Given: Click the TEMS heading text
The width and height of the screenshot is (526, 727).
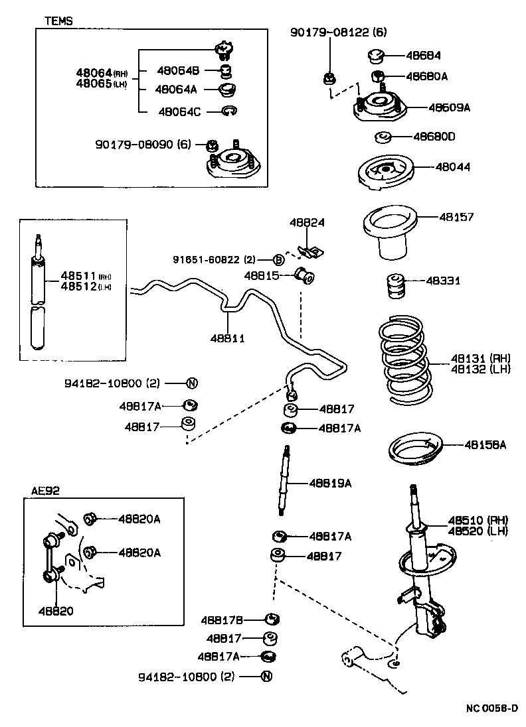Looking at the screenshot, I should (58, 21).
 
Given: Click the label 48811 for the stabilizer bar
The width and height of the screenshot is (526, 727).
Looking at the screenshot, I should (228, 338).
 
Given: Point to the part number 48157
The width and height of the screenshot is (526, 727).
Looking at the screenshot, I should (456, 217).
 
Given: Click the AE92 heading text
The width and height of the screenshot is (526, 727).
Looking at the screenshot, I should (44, 492).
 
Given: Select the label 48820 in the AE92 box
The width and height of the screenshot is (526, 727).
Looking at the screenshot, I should (56, 610).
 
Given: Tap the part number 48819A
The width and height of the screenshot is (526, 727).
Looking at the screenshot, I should (330, 483).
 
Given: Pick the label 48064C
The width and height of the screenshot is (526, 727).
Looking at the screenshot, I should (179, 111).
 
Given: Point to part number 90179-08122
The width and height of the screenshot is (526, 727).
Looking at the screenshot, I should (329, 32).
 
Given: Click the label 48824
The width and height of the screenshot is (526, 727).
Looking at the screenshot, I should (306, 223).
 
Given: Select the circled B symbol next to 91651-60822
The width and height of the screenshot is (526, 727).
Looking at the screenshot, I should (280, 259).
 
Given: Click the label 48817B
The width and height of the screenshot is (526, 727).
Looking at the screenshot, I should (223, 620).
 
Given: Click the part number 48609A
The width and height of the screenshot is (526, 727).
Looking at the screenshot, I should (449, 107).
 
